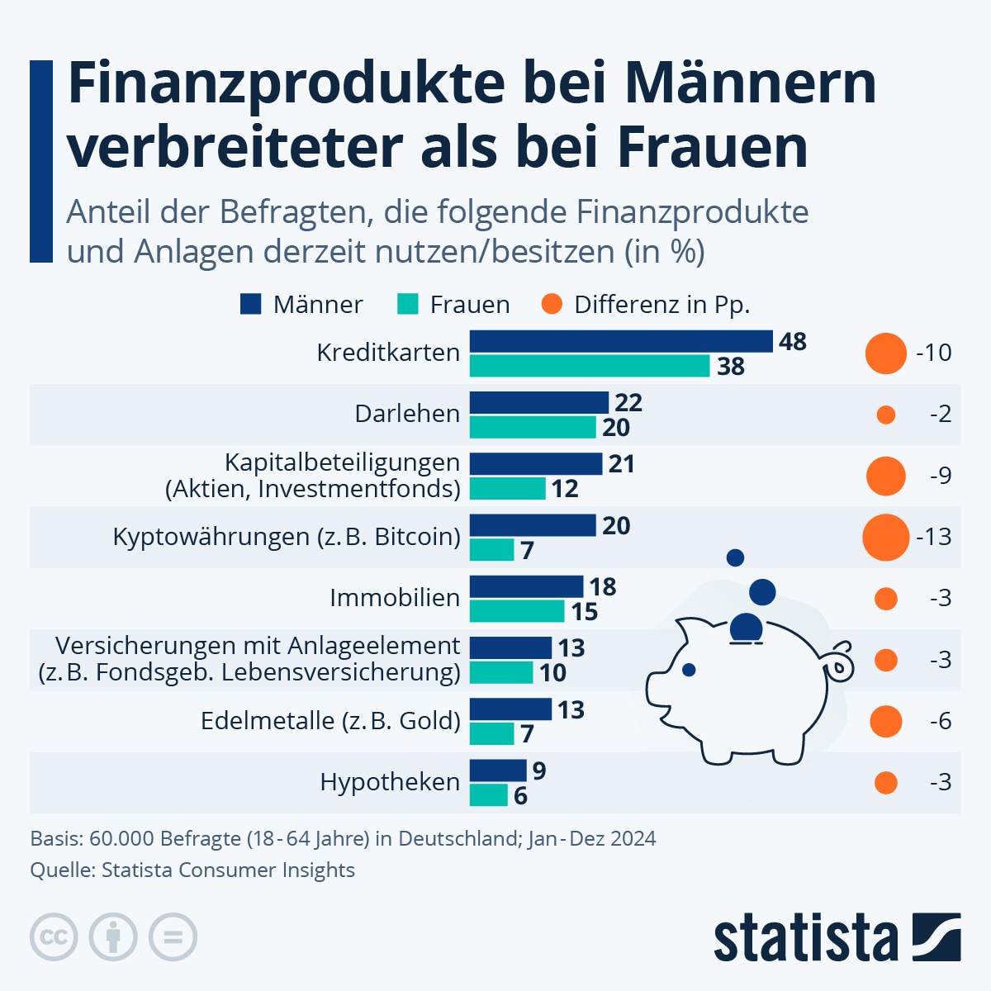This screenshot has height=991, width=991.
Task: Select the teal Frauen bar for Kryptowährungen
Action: [x=492, y=549]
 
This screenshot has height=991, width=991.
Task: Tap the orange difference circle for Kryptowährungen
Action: [x=885, y=537]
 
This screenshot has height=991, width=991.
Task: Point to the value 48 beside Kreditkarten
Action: [x=792, y=341]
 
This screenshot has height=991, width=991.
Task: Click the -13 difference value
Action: [x=934, y=537]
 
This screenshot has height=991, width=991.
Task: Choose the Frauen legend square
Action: [x=408, y=304]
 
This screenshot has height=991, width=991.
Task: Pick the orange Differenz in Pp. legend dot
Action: [x=552, y=304]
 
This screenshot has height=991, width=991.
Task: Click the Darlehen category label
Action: [x=407, y=414]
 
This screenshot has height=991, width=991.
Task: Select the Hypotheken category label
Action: [x=390, y=782]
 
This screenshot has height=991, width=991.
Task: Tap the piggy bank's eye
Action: [x=689, y=670]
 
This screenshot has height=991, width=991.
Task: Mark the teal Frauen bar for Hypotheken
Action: [x=489, y=795]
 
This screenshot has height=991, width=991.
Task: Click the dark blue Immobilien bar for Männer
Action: [x=526, y=586]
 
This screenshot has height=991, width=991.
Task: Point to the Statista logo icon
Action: [x=936, y=937]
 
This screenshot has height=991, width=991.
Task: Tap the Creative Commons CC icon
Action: [x=54, y=937]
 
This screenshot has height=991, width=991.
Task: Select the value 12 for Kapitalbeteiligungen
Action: [x=565, y=489]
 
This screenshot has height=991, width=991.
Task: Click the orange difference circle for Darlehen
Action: [x=885, y=415]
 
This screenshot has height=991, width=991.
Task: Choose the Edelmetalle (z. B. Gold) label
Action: [x=330, y=721]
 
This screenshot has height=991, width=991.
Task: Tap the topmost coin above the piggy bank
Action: [x=735, y=557]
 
